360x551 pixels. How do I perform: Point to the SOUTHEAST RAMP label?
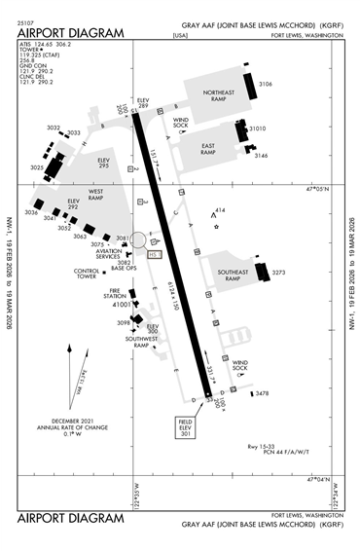click(232, 275)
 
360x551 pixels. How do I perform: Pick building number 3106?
click(265, 85)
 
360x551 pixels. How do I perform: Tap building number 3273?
click(278, 273)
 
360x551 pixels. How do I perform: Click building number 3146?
click(261, 156)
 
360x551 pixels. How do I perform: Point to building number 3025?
click(36, 167)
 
